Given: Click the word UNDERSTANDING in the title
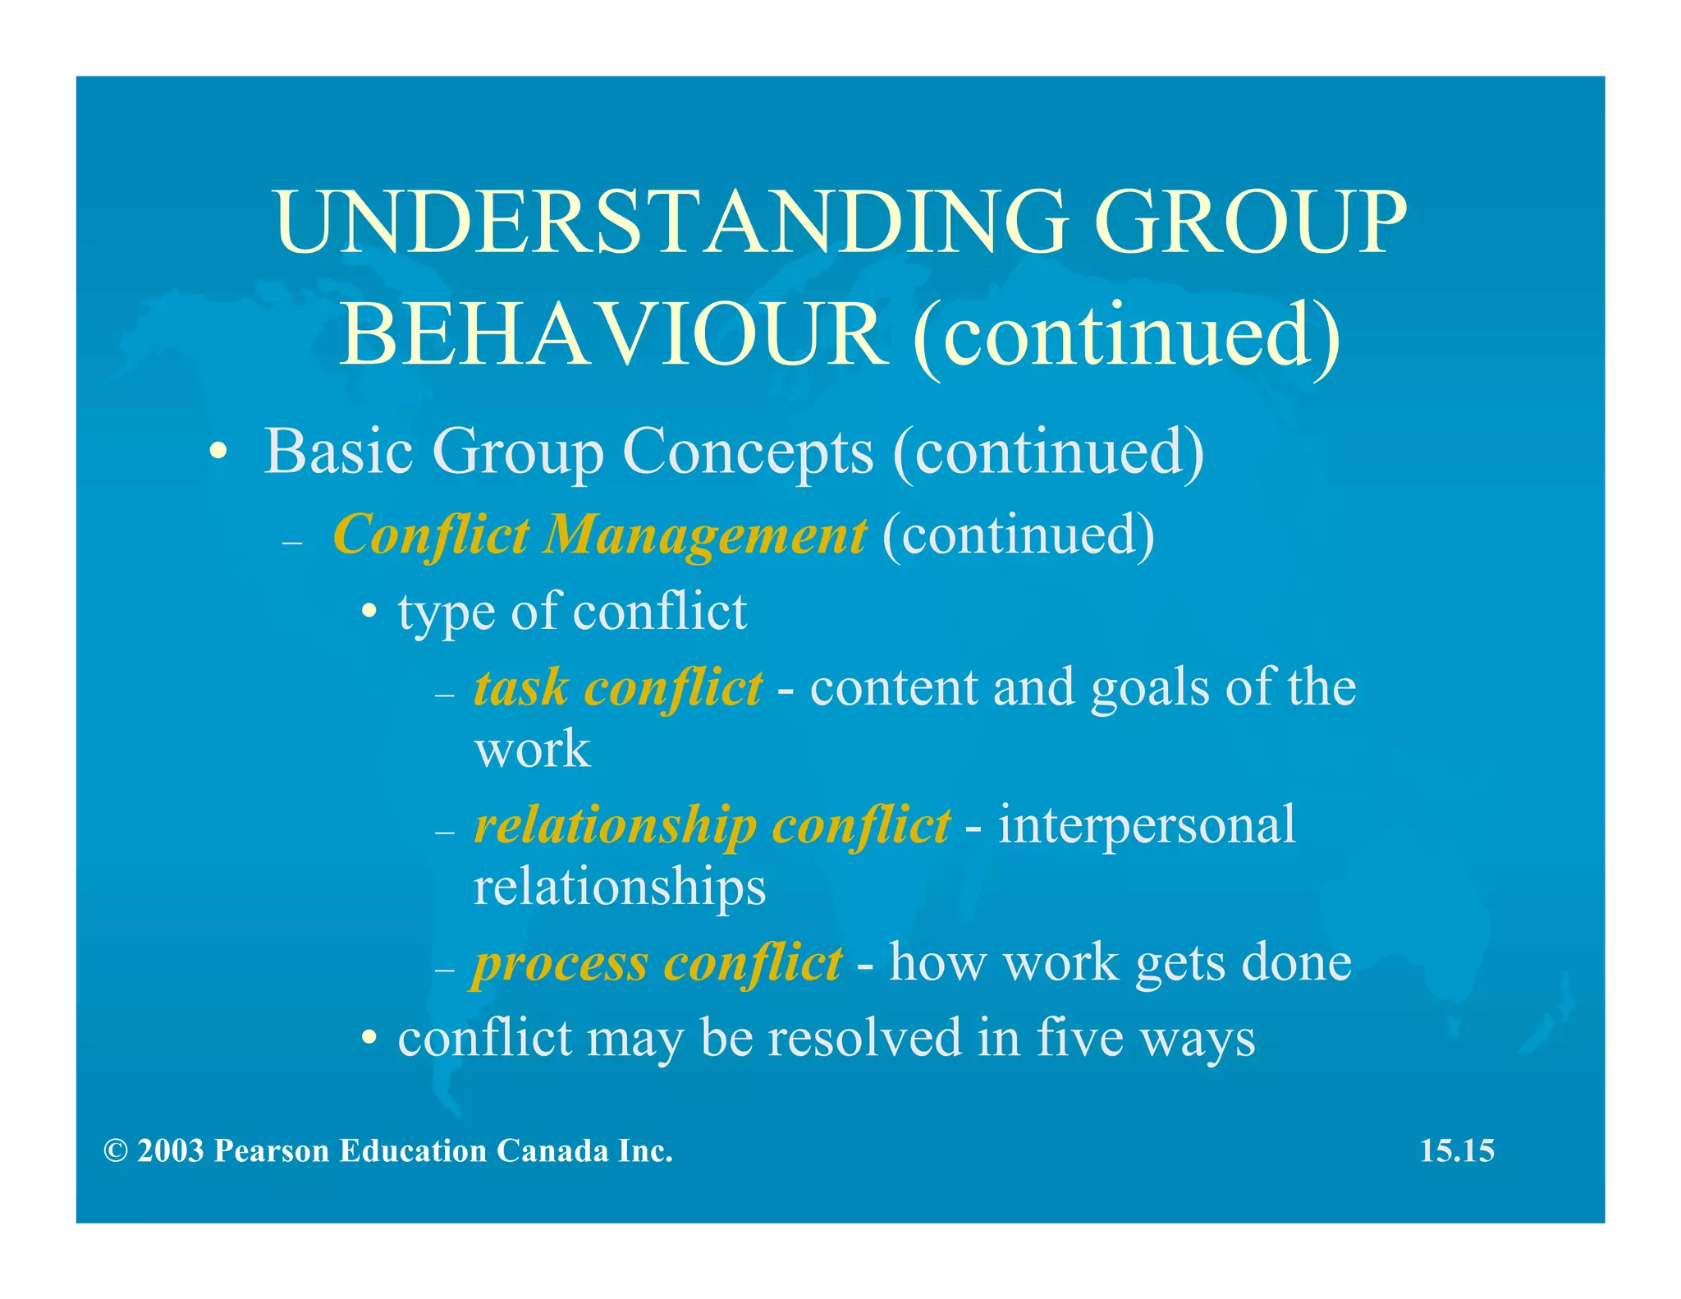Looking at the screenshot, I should point(671,222).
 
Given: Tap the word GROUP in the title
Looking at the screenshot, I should point(1250,222).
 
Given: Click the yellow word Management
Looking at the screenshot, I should point(704,535).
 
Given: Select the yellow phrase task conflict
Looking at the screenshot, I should point(618,687).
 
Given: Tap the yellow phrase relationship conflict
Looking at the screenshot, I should point(712,824).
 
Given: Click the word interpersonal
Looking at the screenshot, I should point(1147,824).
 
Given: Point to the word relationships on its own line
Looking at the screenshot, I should point(620,887).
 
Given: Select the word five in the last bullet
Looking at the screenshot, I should point(1079,1037).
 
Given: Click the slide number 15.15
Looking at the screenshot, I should point(1457,1150).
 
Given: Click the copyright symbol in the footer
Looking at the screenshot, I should point(116,1151).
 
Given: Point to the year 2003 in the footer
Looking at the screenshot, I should point(171,1150).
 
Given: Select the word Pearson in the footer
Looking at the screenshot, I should point(271,1150).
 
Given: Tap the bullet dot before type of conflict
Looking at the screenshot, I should point(370,613).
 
